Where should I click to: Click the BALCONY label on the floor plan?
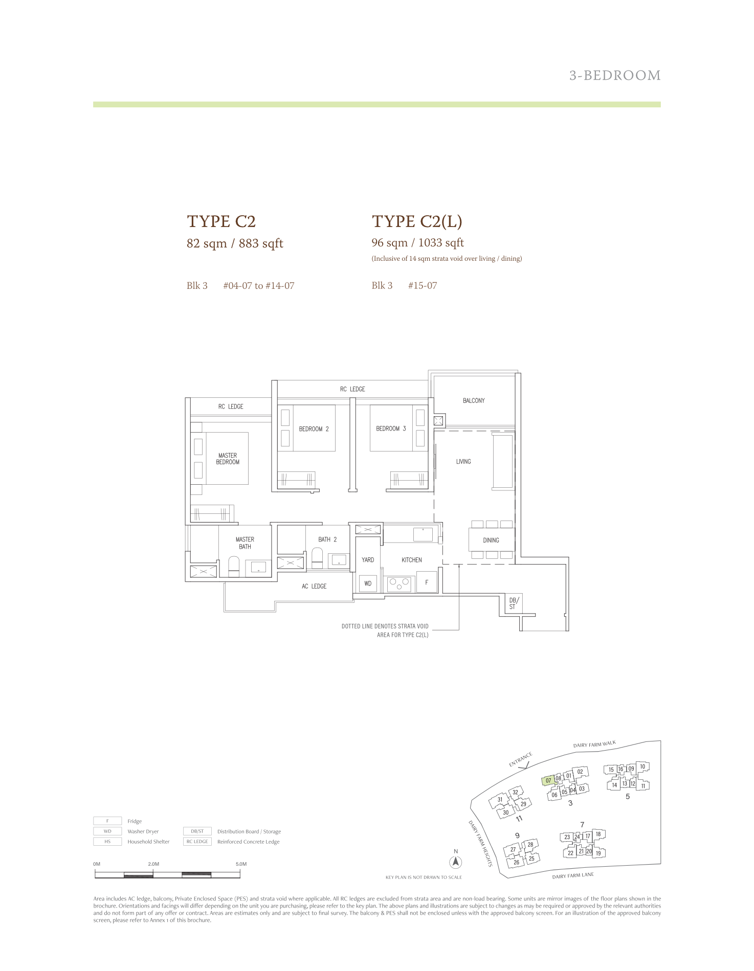tap(474, 400)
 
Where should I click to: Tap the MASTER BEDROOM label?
tap(228, 459)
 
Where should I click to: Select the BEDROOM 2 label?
tap(314, 429)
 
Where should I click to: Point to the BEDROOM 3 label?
tap(391, 428)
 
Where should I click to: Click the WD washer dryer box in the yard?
tap(368, 583)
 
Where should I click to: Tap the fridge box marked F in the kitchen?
tap(427, 582)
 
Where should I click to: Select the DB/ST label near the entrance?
tap(513, 603)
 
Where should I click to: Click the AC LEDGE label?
tap(314, 586)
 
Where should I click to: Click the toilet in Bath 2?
tap(317, 558)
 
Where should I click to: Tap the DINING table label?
tap(491, 540)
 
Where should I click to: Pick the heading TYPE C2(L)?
tap(417, 221)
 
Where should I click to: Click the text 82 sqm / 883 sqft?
tap(235, 243)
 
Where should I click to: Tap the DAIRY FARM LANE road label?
tap(573, 875)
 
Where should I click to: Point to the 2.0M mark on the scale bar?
tap(153, 864)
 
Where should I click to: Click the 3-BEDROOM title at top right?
tap(615, 76)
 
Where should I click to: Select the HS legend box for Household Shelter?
tap(107, 842)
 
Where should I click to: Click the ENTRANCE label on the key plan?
tap(521, 759)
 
